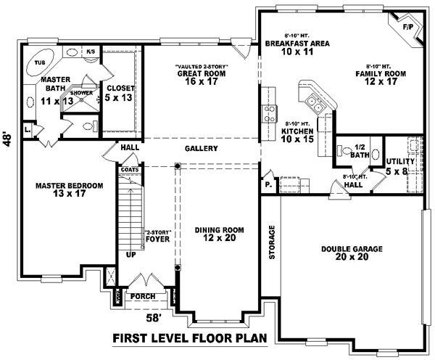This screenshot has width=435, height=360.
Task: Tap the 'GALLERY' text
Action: click(x=202, y=149)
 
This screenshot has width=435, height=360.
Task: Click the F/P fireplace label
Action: click(x=407, y=27)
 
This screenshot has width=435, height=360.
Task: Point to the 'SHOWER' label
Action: click(x=80, y=94)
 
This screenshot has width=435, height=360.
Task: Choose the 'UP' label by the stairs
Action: click(x=130, y=255)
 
